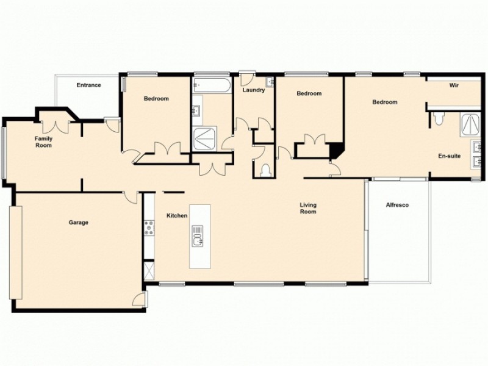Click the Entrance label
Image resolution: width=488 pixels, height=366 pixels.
click(x=88, y=85)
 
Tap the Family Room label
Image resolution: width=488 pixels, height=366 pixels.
click(x=43, y=142)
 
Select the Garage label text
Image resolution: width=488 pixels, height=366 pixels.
click(x=78, y=223)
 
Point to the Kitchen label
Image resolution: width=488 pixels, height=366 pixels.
click(x=176, y=216)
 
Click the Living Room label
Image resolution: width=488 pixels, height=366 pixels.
click(x=307, y=209)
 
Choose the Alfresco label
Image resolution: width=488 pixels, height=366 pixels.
click(x=397, y=205)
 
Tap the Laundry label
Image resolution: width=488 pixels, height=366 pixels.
click(x=253, y=90)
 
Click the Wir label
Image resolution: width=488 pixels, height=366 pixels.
click(x=454, y=86)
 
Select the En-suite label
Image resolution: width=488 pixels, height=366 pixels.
click(x=449, y=156)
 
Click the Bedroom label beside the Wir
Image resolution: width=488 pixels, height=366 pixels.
click(x=384, y=102)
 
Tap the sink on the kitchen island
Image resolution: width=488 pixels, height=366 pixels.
click(x=198, y=235)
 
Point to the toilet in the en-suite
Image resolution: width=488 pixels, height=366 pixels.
click(x=438, y=119)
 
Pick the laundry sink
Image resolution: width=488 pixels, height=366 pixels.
click(x=270, y=81)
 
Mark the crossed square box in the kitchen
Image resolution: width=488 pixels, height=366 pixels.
click(x=148, y=270)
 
